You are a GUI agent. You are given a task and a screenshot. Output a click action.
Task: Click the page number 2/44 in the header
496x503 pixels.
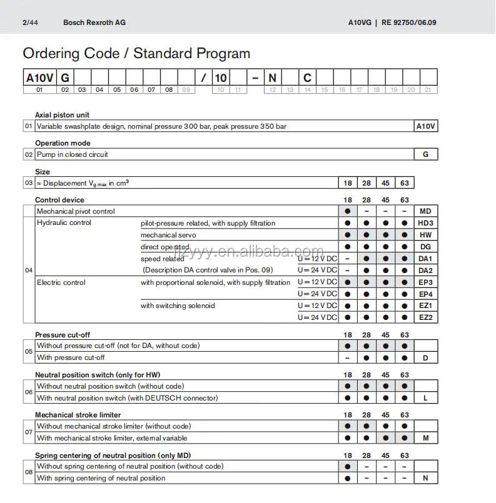coord(29,22)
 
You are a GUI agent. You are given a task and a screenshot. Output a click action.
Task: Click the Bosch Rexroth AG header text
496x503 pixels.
coord(94,22)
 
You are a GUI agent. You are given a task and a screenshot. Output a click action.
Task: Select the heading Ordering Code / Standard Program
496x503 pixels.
coord(136,54)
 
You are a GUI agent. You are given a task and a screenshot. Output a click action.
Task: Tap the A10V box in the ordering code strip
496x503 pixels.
coord(39,78)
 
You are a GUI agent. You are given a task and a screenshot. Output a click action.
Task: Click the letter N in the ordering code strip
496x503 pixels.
coord(272,78)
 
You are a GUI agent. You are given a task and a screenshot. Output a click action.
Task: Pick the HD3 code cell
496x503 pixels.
coord(426,223)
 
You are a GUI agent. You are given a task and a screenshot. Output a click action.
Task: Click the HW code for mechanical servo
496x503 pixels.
coord(426,235)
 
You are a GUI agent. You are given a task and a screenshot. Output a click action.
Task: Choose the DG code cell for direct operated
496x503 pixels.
coord(426,247)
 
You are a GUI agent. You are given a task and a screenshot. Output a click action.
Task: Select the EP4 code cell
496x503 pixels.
coord(426,294)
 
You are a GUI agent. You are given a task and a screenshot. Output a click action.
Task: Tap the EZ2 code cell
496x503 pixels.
coord(426,317)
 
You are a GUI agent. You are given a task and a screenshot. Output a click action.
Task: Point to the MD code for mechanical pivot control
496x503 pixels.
coord(426,211)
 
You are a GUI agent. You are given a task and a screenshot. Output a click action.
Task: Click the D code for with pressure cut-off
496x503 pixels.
coord(426,357)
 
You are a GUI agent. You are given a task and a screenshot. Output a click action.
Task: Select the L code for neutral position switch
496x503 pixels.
coord(426,398)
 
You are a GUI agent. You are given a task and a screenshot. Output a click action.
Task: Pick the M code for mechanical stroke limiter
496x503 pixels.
coord(426,438)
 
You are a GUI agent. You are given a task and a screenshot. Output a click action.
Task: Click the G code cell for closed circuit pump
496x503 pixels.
coord(426,154)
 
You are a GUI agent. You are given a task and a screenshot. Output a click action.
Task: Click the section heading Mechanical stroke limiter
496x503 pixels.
coord(78,415)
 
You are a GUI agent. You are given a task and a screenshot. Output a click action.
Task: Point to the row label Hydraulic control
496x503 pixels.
coord(64,223)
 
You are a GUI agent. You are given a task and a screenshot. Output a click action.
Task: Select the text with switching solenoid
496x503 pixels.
coord(178,306)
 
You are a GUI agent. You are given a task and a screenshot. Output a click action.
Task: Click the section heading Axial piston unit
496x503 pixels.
coord(62,115)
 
